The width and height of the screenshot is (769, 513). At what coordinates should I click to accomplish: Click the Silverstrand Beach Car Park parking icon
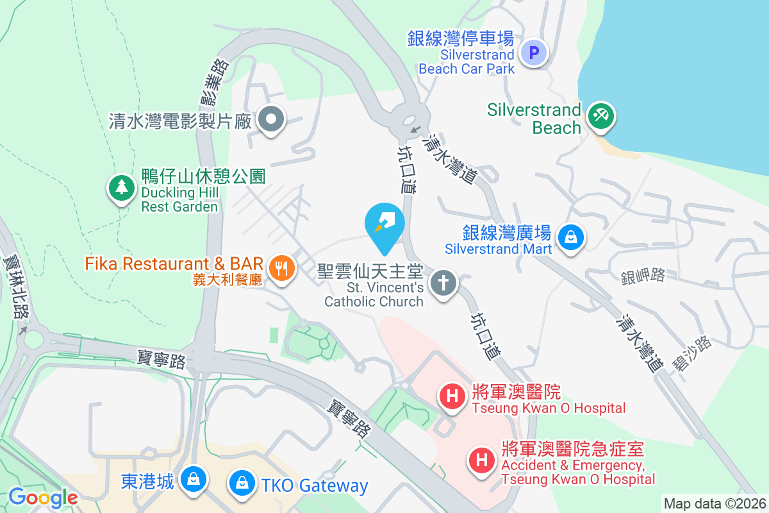pos(534,52)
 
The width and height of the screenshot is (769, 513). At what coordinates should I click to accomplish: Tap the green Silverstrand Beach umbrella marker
pos(601,116)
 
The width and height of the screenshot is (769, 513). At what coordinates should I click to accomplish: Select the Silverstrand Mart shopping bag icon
pos(569,237)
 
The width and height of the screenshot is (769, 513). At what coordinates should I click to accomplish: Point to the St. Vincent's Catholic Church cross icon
pos(442,282)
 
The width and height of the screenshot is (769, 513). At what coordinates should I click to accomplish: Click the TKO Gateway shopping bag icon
pos(242,481)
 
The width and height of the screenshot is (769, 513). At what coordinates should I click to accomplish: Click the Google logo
pos(43,497)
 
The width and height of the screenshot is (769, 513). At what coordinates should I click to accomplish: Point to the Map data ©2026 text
pos(714,504)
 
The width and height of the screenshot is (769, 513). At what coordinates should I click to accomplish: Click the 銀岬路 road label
pos(643,276)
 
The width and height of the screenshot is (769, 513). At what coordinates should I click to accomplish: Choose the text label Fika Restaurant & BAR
pos(174,264)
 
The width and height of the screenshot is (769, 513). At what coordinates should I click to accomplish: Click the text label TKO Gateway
pos(315,486)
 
